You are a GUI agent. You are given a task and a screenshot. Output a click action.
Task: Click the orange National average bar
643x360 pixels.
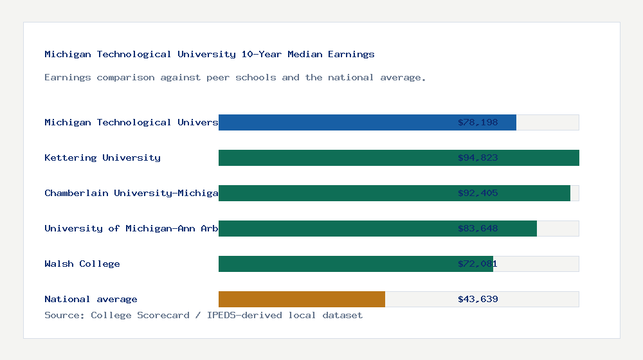click(302, 299)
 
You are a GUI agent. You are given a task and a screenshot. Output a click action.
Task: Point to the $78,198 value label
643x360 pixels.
click(478, 122)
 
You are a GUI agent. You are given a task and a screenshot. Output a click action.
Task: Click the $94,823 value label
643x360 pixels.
click(478, 157)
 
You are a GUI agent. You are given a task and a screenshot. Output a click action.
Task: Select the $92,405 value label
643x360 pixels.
click(478, 193)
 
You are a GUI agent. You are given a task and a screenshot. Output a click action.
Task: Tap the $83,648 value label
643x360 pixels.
click(478, 228)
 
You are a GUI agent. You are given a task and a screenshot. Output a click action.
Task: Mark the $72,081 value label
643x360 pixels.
click(478, 264)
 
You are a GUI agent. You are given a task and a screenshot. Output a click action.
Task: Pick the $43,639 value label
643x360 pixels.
click(478, 299)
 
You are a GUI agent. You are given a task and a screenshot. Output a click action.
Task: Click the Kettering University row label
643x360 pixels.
click(102, 157)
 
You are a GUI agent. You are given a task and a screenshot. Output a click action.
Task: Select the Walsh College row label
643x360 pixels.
click(82, 264)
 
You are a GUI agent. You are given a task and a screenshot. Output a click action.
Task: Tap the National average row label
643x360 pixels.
click(91, 299)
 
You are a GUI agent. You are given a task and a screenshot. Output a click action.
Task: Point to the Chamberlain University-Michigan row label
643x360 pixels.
click(131, 193)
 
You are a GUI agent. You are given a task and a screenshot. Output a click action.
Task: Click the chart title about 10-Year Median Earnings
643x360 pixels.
click(209, 55)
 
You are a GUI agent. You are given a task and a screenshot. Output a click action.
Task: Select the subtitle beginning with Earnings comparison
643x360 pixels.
click(235, 78)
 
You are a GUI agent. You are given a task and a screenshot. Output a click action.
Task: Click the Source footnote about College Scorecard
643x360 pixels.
click(203, 315)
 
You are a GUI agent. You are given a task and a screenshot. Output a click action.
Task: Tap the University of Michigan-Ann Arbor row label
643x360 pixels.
click(131, 228)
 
